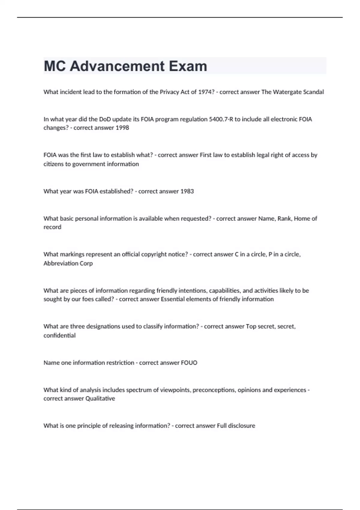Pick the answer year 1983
[187, 191]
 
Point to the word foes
[88, 299]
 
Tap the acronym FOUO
[189, 363]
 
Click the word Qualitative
[100, 398]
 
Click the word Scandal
[313, 92]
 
